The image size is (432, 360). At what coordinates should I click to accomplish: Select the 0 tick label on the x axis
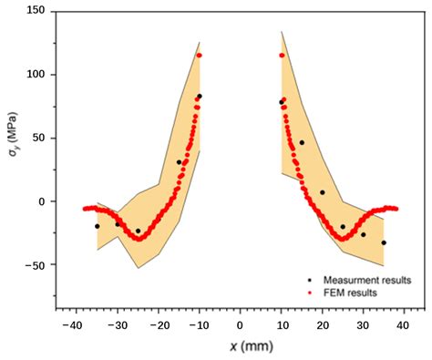pos(240,324)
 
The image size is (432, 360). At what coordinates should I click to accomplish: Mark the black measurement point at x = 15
pos(302,143)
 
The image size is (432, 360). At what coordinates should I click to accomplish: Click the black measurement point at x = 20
pos(323,192)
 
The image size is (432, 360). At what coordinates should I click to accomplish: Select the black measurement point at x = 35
pos(384,242)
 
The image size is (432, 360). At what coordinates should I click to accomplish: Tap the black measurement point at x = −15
pos(179,162)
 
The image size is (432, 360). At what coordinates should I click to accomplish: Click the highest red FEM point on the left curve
pos(199,56)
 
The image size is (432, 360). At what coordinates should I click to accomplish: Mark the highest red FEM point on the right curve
pos(282,56)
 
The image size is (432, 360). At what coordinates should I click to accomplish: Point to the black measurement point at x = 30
pos(363,234)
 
